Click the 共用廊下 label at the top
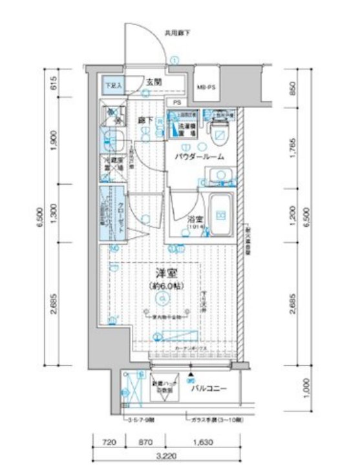tap(176, 32)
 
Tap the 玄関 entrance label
tap(153, 82)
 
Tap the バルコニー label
tap(207, 390)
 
